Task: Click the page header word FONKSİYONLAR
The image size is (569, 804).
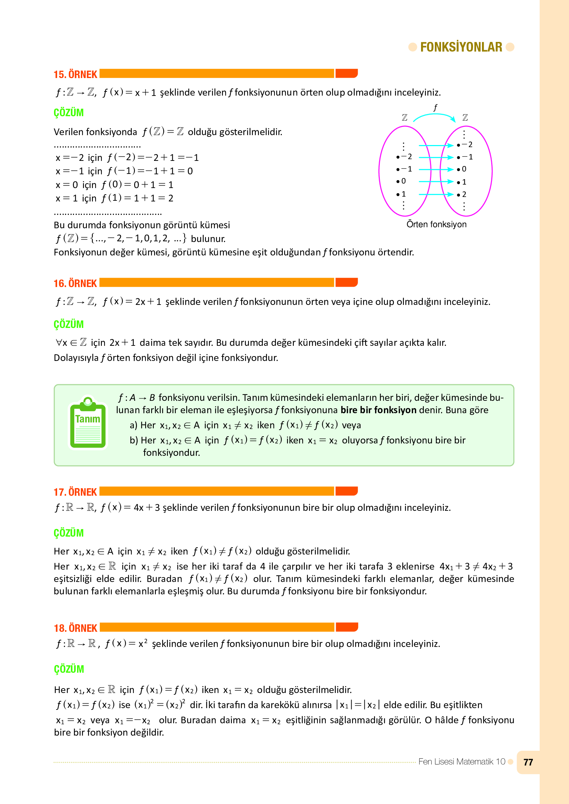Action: (x=461, y=47)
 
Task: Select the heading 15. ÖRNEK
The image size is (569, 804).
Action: (x=75, y=74)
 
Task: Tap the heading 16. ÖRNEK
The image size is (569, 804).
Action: (x=75, y=283)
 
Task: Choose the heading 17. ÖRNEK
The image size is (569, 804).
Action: (x=75, y=492)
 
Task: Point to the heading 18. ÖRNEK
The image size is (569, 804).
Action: (x=75, y=628)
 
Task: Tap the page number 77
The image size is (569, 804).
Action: (x=528, y=762)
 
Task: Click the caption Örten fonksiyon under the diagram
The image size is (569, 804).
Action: (x=436, y=224)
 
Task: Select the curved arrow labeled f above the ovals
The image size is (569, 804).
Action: (x=434, y=115)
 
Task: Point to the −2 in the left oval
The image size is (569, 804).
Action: (x=406, y=156)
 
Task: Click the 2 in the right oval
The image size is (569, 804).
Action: (x=464, y=194)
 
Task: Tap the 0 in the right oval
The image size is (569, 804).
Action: (x=464, y=169)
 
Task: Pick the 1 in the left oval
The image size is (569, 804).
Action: (x=403, y=194)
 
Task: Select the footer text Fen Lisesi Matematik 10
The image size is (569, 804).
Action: (x=461, y=762)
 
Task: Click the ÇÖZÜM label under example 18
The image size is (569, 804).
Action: (x=69, y=669)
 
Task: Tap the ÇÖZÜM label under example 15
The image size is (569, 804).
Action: (x=69, y=112)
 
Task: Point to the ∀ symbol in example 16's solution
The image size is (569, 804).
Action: (x=59, y=342)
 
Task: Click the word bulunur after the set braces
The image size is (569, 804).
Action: (x=208, y=239)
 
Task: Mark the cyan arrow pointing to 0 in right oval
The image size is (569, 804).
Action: (x=436, y=169)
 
